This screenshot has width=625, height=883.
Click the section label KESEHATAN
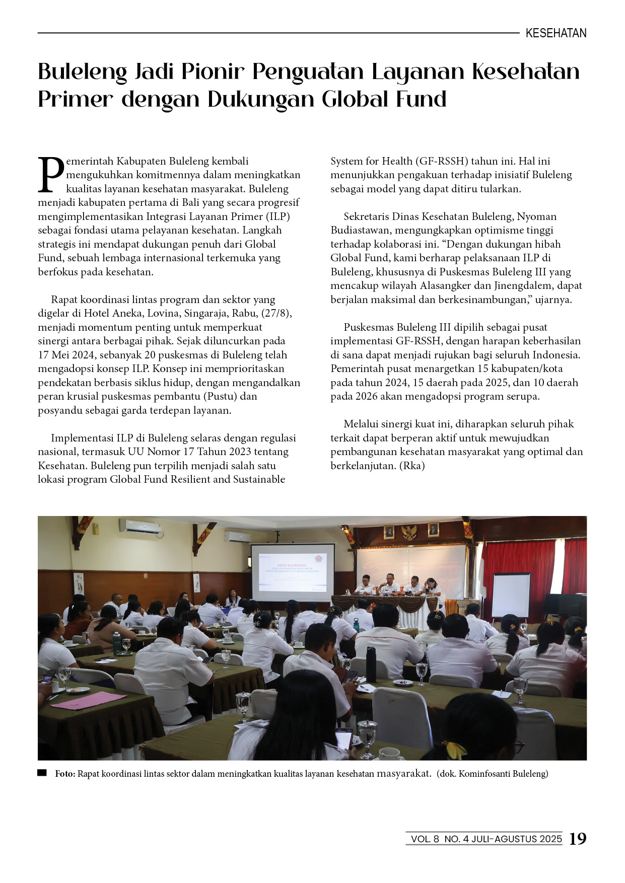point(555,33)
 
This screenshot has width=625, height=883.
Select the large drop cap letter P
point(51,175)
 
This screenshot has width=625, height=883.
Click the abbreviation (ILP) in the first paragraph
point(277,216)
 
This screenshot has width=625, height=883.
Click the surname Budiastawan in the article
point(360,230)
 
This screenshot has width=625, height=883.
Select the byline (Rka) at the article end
point(412,465)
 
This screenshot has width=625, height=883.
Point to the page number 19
point(578,839)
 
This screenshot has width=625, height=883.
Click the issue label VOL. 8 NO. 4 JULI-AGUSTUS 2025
point(486,839)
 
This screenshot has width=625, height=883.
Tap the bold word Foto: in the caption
point(65,774)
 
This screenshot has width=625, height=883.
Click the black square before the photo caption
point(42,773)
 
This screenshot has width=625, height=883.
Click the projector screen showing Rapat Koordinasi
point(293,572)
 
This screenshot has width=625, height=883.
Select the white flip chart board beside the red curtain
point(511,596)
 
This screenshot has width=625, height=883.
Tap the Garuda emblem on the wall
point(410,532)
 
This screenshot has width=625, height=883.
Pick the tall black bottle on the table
point(371,664)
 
